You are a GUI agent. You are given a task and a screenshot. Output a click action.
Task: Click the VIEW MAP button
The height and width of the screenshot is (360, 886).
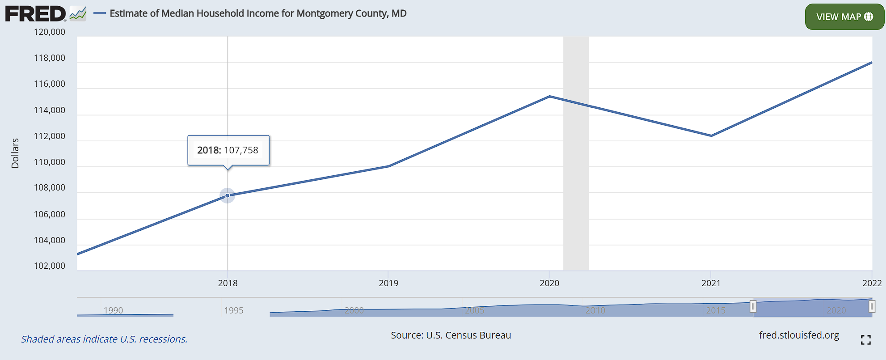(844, 17)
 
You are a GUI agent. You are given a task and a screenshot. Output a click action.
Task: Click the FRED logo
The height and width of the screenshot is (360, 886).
(36, 14)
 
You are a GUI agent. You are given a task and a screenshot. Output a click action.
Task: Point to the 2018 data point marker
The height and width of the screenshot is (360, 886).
(228, 195)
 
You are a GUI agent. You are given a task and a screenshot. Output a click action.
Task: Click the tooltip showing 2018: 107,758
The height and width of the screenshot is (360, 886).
(228, 150)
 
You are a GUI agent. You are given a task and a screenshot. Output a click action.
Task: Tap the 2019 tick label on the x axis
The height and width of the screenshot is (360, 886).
(388, 283)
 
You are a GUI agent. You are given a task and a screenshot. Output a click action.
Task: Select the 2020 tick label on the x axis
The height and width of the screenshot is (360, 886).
(549, 283)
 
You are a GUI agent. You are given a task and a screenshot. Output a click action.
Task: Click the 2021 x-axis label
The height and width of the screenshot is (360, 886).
(711, 283)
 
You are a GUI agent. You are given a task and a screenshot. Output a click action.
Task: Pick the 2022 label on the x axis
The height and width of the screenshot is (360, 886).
(872, 283)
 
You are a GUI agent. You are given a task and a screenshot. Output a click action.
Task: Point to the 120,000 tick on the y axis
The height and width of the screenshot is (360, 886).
(50, 32)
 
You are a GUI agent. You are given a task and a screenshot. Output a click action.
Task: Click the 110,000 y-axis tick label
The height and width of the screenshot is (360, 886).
(50, 162)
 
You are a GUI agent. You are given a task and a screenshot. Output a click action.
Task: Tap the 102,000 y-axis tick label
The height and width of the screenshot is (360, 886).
(50, 266)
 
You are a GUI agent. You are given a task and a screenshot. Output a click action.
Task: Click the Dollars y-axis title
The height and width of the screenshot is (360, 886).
(15, 153)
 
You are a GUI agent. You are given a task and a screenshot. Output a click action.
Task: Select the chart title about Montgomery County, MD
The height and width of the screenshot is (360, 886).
(258, 13)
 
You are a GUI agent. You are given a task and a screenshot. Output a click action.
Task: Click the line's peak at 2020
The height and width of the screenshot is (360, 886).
(549, 96)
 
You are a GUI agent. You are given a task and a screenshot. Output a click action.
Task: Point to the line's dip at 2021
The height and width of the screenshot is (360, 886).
(711, 136)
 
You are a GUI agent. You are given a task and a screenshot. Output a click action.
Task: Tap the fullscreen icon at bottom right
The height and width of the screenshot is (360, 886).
(865, 340)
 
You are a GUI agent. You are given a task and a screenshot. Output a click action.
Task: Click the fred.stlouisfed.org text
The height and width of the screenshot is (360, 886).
(799, 335)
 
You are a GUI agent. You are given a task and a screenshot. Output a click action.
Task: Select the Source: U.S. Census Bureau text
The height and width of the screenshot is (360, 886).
(451, 335)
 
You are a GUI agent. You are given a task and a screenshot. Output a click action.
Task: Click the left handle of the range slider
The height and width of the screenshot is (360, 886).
(753, 306)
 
